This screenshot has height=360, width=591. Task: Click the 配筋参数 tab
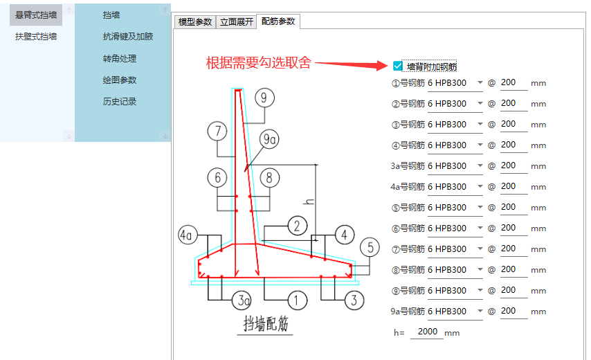278,21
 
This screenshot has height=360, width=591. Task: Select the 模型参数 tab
195,22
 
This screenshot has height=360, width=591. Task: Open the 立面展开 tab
236,22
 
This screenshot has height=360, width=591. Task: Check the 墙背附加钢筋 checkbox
398,66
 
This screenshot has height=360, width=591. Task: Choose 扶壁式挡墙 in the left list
36,37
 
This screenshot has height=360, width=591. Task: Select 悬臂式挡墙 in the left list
36,15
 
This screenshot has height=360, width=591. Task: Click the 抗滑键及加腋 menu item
128,37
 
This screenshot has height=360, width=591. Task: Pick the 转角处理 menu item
120,58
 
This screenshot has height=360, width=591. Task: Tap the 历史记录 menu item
120,101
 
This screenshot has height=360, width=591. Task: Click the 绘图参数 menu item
120,80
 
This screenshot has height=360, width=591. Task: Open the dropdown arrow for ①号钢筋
480,82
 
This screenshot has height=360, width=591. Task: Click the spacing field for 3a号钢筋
513,165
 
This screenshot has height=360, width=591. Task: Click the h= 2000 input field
427,332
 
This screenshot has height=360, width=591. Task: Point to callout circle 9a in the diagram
269,139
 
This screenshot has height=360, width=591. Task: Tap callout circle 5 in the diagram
370,248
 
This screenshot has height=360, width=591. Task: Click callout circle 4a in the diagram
188,235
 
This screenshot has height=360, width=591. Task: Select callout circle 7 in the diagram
217,131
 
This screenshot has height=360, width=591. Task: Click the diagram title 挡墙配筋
265,323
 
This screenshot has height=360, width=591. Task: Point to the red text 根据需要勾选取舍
259,62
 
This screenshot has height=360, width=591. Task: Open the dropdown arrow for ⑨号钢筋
480,290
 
